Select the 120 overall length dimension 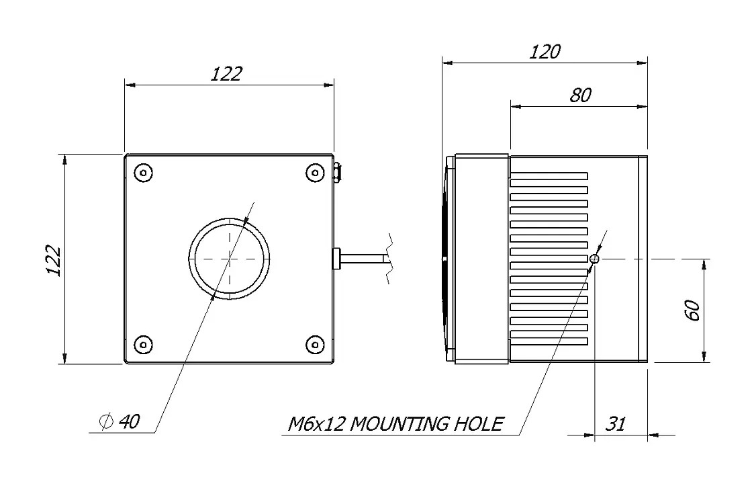click(545, 52)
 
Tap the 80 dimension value click(580, 95)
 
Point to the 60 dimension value click(692, 310)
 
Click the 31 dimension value click(616, 424)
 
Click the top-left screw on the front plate click(142, 173)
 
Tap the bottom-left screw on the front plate click(142, 345)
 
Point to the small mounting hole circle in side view click(594, 259)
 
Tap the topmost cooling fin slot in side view click(549, 175)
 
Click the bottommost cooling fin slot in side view click(549, 341)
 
